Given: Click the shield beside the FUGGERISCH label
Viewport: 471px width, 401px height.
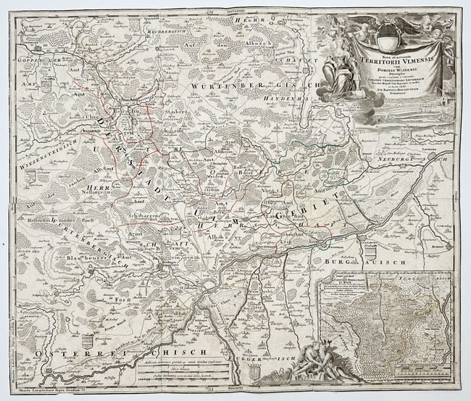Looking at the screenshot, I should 254,371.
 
